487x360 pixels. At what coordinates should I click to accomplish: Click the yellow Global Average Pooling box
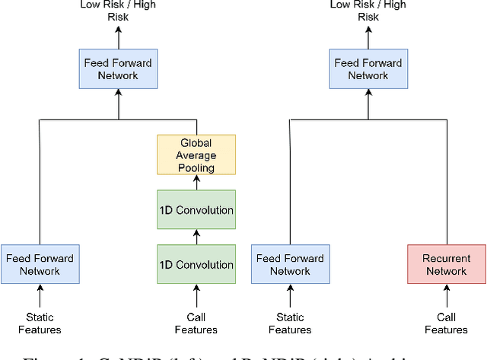click(x=196, y=155)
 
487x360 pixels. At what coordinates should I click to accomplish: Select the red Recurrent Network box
click(x=446, y=264)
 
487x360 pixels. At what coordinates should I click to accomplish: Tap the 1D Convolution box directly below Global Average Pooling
click(x=196, y=209)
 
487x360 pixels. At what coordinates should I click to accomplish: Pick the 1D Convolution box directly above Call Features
click(x=196, y=264)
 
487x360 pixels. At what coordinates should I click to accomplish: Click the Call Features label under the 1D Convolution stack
click(x=196, y=323)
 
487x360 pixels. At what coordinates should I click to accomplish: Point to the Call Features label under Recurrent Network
click(x=446, y=323)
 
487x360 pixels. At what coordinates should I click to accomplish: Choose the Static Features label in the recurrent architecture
click(x=290, y=323)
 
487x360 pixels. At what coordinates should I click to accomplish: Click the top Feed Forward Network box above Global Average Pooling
click(x=118, y=68)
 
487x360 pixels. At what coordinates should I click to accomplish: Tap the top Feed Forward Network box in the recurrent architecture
click(x=368, y=68)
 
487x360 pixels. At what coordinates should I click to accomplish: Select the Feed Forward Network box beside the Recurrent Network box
click(x=290, y=264)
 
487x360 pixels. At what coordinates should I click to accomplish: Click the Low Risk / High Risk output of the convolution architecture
click(x=118, y=11)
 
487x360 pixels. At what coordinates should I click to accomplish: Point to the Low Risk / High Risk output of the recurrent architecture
click(x=368, y=11)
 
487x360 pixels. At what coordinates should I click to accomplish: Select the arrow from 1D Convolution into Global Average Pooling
click(x=196, y=182)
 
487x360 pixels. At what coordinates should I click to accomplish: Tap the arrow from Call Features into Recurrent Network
click(x=446, y=295)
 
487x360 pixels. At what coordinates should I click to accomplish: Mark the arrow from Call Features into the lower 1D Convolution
click(x=196, y=295)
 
